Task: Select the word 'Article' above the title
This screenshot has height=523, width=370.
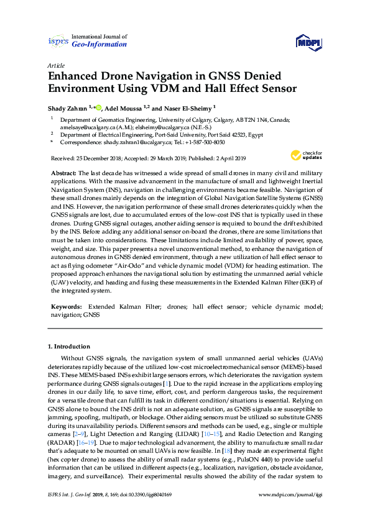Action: [x=55, y=65]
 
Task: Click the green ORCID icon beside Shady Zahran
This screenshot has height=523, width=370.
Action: [x=99, y=106]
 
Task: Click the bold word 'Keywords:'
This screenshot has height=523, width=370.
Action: [x=67, y=307]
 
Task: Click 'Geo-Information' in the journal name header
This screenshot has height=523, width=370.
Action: [x=99, y=45]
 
